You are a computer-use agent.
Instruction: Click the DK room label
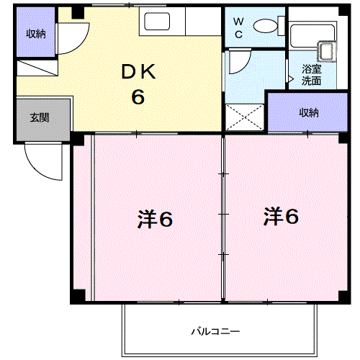[138, 71]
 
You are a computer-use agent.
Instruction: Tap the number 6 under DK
[138, 96]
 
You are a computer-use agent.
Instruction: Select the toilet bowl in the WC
[266, 26]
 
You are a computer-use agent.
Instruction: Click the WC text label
[238, 28]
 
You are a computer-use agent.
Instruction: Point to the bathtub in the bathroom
[312, 35]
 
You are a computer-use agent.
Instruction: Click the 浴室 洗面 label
[311, 75]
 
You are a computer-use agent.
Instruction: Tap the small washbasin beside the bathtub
[326, 51]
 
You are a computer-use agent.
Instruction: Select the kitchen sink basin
[157, 22]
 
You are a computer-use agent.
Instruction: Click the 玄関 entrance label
[40, 117]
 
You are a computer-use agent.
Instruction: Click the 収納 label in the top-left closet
[36, 34]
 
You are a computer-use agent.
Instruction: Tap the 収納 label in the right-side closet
[309, 112]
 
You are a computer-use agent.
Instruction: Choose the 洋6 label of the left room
[155, 219]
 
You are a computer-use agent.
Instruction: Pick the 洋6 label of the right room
[281, 216]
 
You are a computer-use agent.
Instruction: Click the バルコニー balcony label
[215, 332]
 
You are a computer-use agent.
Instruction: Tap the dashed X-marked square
[245, 117]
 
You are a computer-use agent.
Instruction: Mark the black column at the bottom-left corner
[78, 296]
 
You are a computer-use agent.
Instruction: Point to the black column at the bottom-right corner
[344, 297]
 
